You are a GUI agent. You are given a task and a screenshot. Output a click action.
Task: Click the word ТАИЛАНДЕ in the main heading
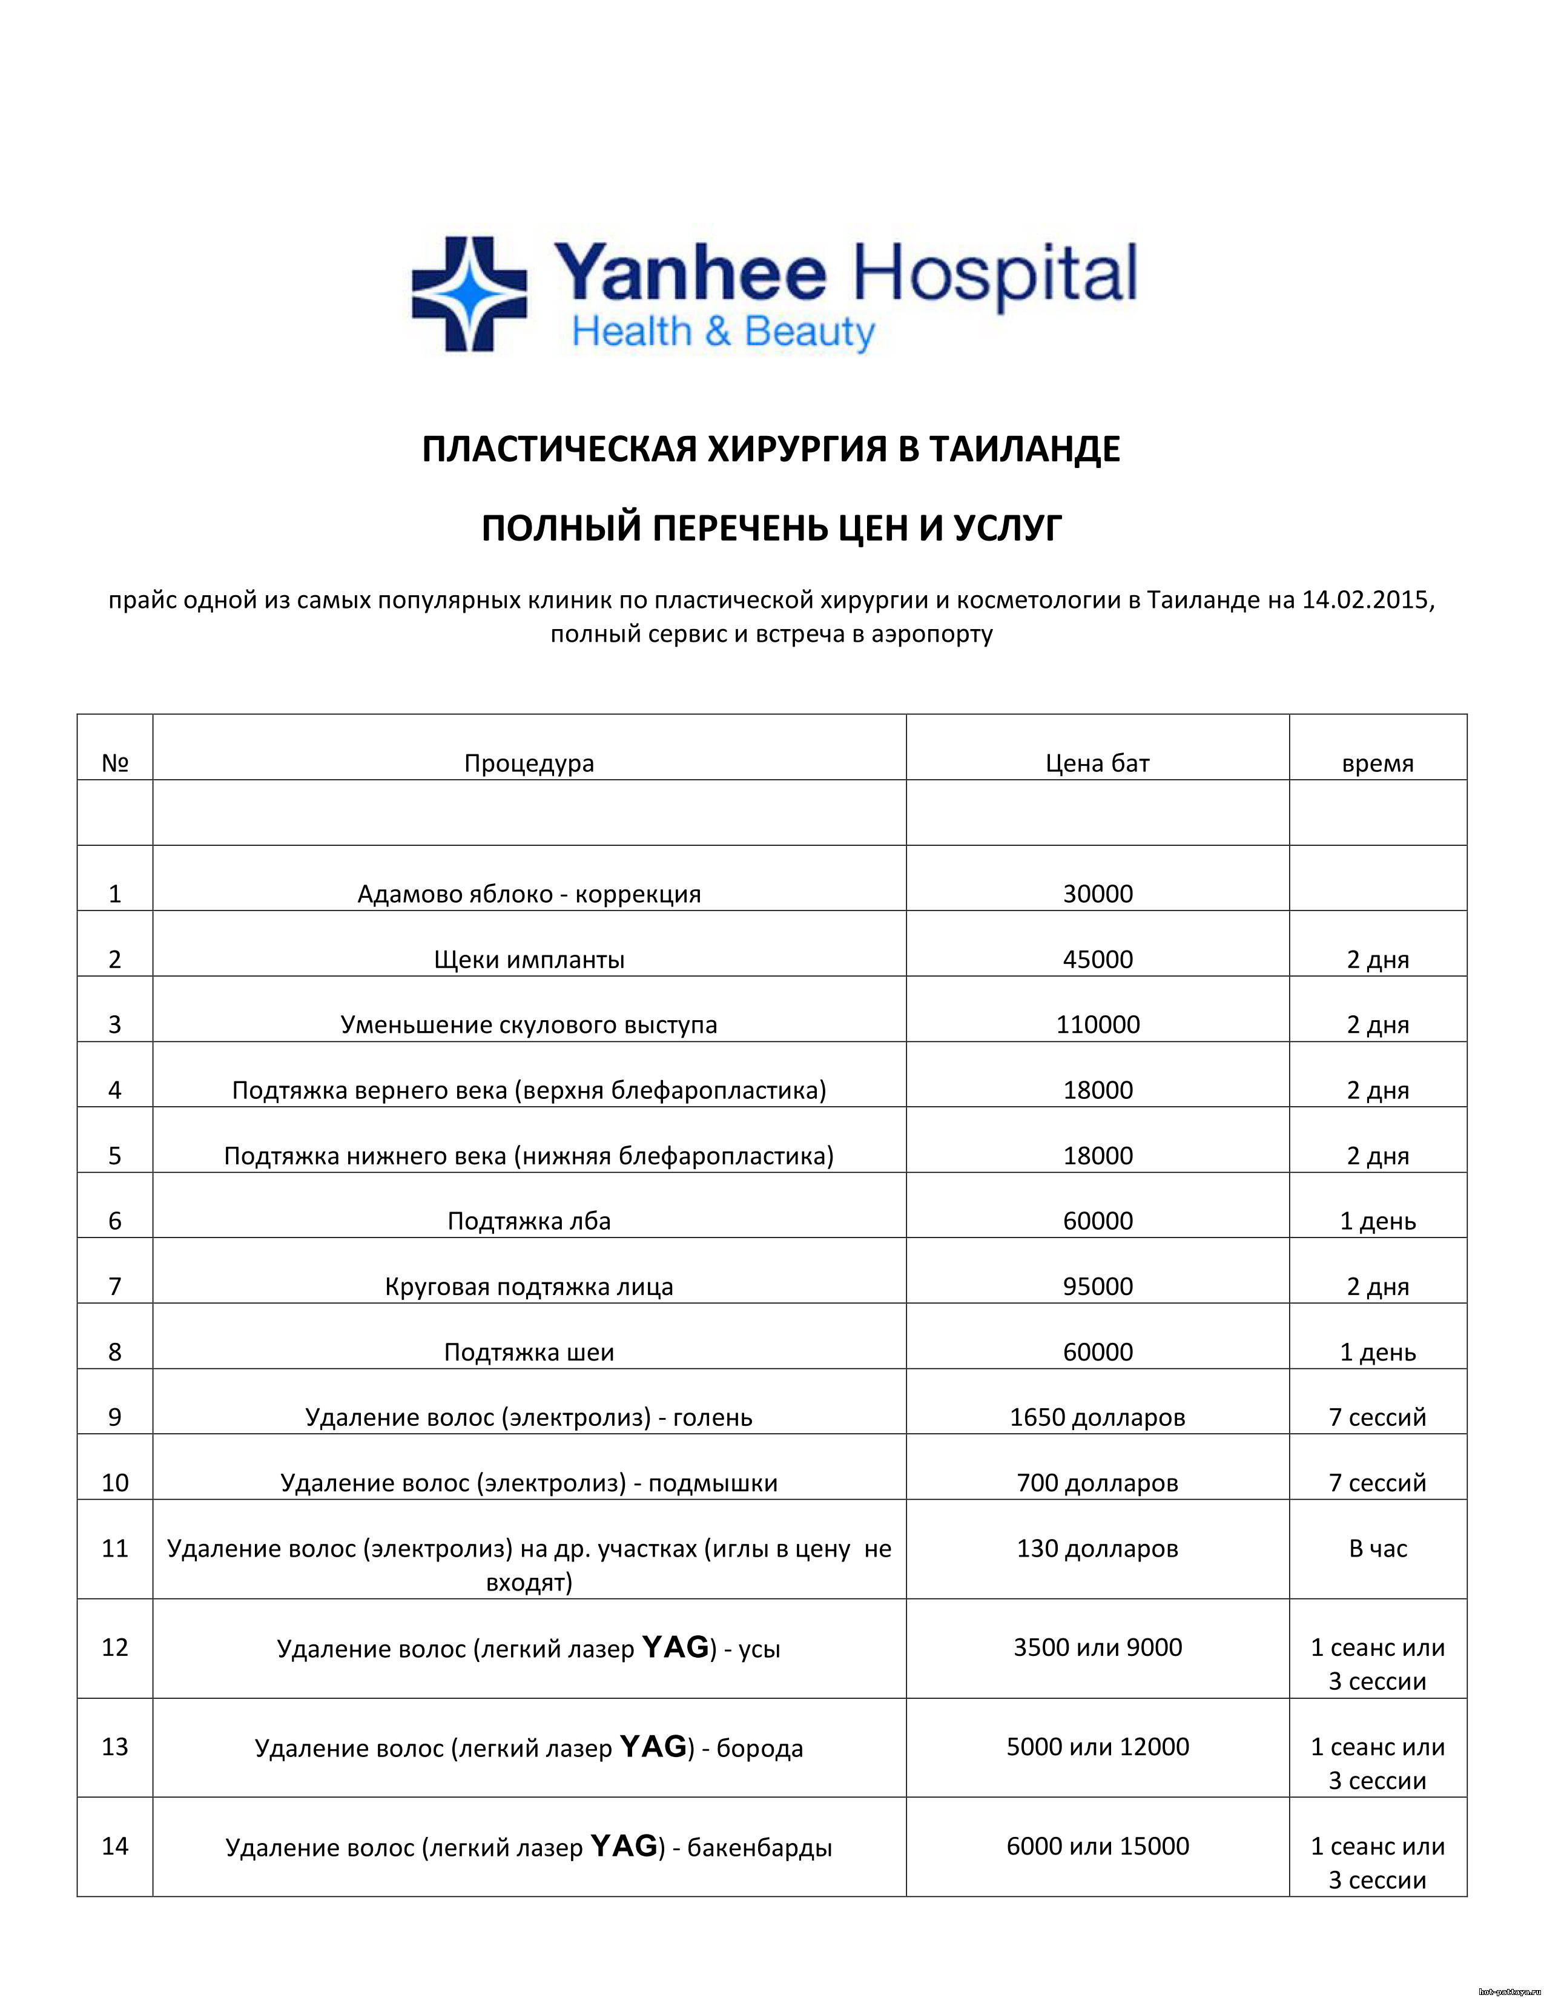tap(1024, 449)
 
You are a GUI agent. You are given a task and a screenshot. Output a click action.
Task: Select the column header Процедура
tap(529, 763)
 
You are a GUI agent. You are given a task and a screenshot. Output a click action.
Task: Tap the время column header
tap(1377, 763)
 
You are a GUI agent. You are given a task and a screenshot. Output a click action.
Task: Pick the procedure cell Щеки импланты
tap(529, 960)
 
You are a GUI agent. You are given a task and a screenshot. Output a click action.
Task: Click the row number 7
tap(114, 1286)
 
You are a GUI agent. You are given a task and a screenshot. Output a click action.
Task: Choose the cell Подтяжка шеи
tap(529, 1352)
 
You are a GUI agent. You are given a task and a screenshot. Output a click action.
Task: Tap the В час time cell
tap(1377, 1548)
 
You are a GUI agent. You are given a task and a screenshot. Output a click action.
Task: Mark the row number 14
tap(114, 1846)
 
